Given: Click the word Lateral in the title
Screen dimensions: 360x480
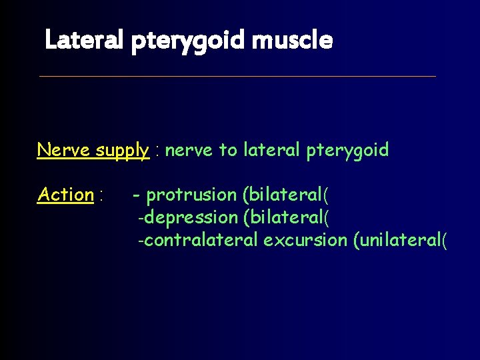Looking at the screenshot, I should point(83,41).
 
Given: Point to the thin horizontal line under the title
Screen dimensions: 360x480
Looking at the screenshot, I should point(237,76).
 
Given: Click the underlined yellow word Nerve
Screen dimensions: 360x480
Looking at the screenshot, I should point(64,150).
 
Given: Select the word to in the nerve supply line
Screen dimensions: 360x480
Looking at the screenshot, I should point(227,151).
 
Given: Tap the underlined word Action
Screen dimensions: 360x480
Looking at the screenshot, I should point(65,195).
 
